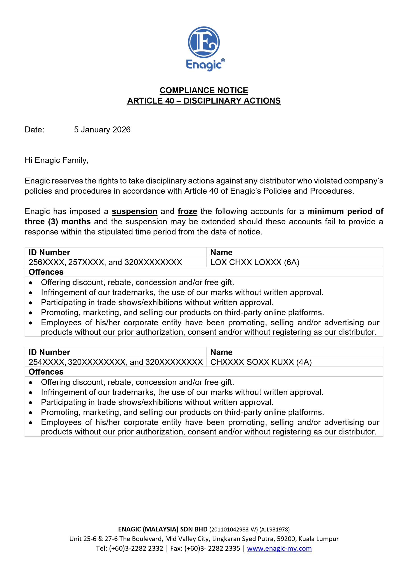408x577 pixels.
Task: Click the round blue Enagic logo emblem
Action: [204, 42]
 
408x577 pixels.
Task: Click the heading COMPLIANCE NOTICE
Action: [204, 90]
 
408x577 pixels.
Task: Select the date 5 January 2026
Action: [102, 130]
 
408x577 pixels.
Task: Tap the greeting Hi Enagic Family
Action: [57, 160]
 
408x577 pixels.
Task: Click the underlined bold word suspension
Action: [135, 212]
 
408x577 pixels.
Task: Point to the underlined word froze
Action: [187, 212]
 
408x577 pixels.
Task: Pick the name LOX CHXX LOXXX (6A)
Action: [255, 262]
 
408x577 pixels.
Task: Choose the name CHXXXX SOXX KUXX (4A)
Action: [261, 362]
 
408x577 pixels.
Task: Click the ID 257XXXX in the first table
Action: [86, 262]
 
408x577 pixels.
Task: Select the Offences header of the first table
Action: [46, 272]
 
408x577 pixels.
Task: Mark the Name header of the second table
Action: [221, 352]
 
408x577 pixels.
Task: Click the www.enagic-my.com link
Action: [279, 548]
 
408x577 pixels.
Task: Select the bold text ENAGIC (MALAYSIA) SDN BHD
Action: [163, 529]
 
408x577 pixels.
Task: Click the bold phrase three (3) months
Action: [57, 222]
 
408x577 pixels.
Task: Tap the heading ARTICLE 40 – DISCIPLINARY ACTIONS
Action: [204, 101]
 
